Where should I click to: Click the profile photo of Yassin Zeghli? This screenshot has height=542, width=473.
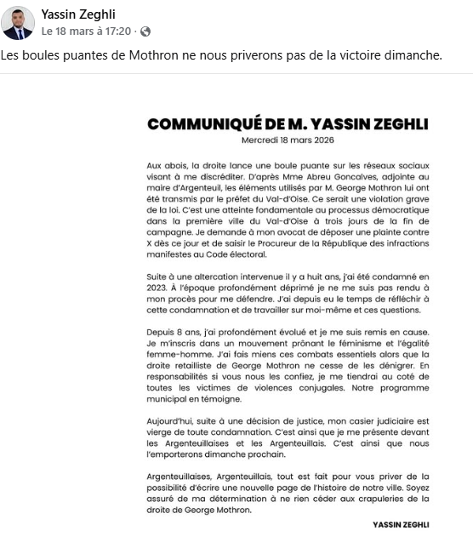tap(18, 23)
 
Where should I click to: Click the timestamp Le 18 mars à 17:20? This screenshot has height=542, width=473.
tap(86, 31)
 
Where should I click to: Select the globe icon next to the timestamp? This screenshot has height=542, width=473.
tap(145, 31)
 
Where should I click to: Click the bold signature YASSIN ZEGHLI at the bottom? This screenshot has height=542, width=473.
tap(400, 524)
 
